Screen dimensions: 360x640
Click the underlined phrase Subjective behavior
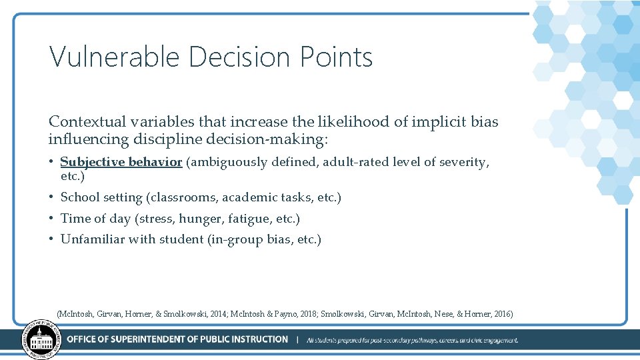pyautogui.click(x=121, y=162)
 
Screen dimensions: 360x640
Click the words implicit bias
pyautogui.click(x=456, y=122)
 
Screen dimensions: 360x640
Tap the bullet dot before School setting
pyautogui.click(x=52, y=197)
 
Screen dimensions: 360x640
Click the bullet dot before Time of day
pyautogui.click(x=52, y=219)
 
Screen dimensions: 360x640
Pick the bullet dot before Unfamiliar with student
pyautogui.click(x=52, y=239)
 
